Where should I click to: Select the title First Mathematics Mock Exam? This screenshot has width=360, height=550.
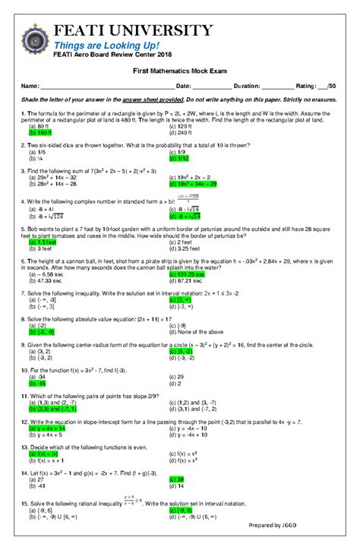(x=179, y=70)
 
